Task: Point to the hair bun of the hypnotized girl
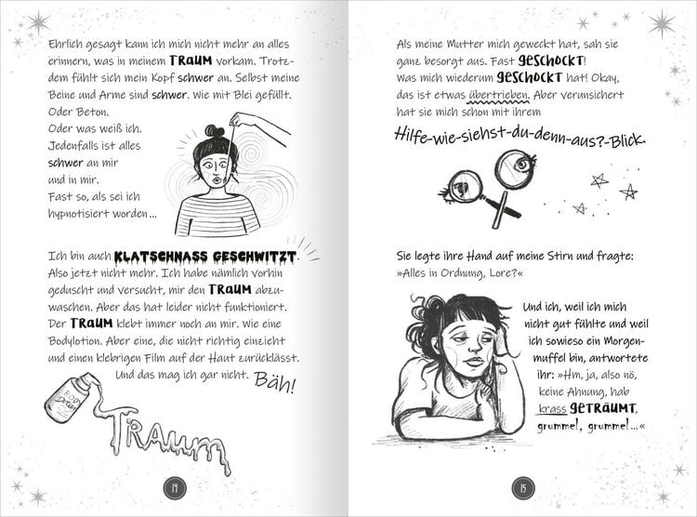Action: click(x=215, y=131)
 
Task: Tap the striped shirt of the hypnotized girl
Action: click(x=217, y=216)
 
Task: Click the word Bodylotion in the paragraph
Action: click(x=78, y=340)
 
